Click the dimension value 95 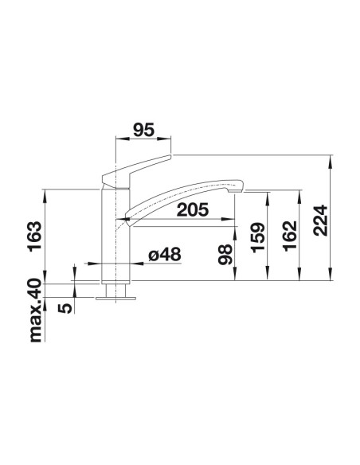click(x=144, y=131)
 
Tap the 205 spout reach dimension click(x=193, y=209)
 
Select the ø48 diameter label click(x=165, y=255)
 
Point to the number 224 click(x=321, y=221)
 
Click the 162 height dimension click(x=290, y=236)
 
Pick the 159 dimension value click(x=257, y=237)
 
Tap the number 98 click(x=225, y=254)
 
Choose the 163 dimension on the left click(x=35, y=236)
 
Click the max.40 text click(x=36, y=311)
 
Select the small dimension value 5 click(x=65, y=307)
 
